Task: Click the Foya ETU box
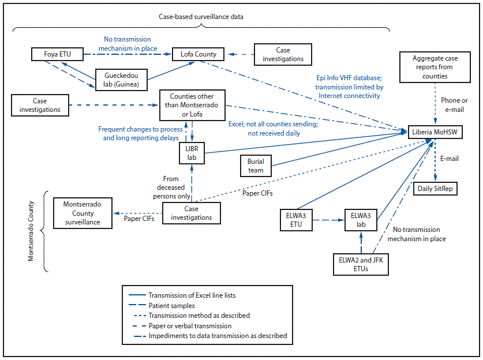(x=53, y=55)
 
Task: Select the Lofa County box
(x=198, y=55)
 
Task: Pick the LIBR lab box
(x=192, y=153)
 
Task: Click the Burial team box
(x=256, y=166)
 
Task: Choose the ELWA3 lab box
(x=361, y=220)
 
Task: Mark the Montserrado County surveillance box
(x=82, y=213)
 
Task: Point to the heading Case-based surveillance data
(x=201, y=17)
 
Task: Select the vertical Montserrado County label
(x=32, y=231)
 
